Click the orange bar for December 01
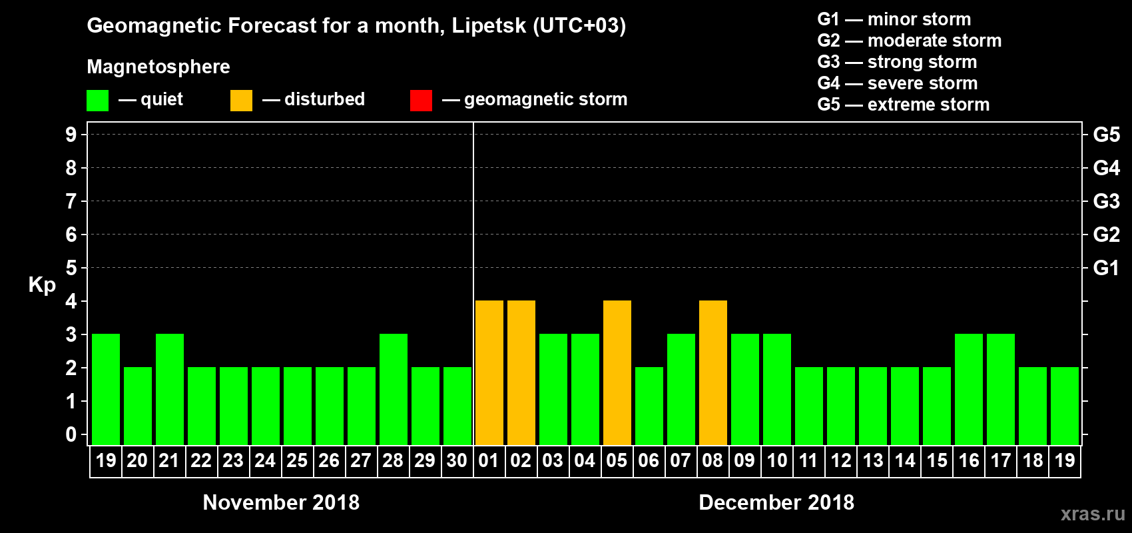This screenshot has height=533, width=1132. tap(489, 373)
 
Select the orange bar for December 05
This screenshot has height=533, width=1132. tap(617, 373)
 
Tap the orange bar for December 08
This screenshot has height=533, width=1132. tap(713, 373)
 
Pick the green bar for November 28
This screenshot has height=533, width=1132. tap(394, 390)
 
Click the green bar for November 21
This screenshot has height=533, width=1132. tap(170, 390)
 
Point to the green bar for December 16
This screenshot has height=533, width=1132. tap(969, 390)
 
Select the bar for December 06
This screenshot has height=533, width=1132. tap(649, 406)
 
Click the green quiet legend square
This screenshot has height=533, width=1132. tap(97, 101)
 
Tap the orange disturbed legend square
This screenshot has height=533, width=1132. tap(241, 101)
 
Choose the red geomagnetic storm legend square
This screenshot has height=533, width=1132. tap(421, 101)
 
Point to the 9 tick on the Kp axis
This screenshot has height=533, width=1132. tap(71, 135)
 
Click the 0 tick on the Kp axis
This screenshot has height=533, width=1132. tap(71, 435)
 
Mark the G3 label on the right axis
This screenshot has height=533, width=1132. tap(1106, 201)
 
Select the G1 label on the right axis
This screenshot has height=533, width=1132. tap(1106, 268)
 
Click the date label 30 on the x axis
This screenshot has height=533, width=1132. tap(457, 460)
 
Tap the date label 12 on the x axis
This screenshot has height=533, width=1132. tap(840, 460)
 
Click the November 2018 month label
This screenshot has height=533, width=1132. tap(281, 502)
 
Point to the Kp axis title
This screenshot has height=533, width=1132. tap(42, 284)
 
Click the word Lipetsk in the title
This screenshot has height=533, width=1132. tap(489, 26)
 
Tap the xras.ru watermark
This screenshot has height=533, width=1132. tap(1093, 514)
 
